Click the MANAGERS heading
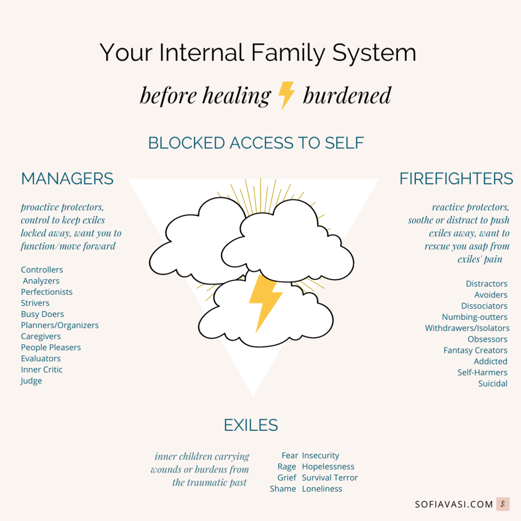click(x=67, y=179)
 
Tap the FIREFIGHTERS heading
click(x=456, y=179)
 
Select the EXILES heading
click(x=251, y=425)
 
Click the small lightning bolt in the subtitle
click(x=286, y=95)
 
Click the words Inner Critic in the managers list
click(x=42, y=369)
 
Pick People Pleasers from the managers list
click(x=51, y=348)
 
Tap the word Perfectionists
click(x=46, y=292)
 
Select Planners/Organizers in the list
click(x=59, y=325)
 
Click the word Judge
click(x=31, y=381)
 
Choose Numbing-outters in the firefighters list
click(x=474, y=317)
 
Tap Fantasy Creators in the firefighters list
click(x=475, y=350)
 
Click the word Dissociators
click(x=484, y=306)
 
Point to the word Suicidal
click(x=492, y=383)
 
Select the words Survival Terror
click(x=330, y=478)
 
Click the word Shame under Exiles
click(x=283, y=489)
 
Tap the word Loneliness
click(x=322, y=489)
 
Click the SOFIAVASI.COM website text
click(x=453, y=504)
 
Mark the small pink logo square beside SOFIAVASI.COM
click(x=503, y=504)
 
